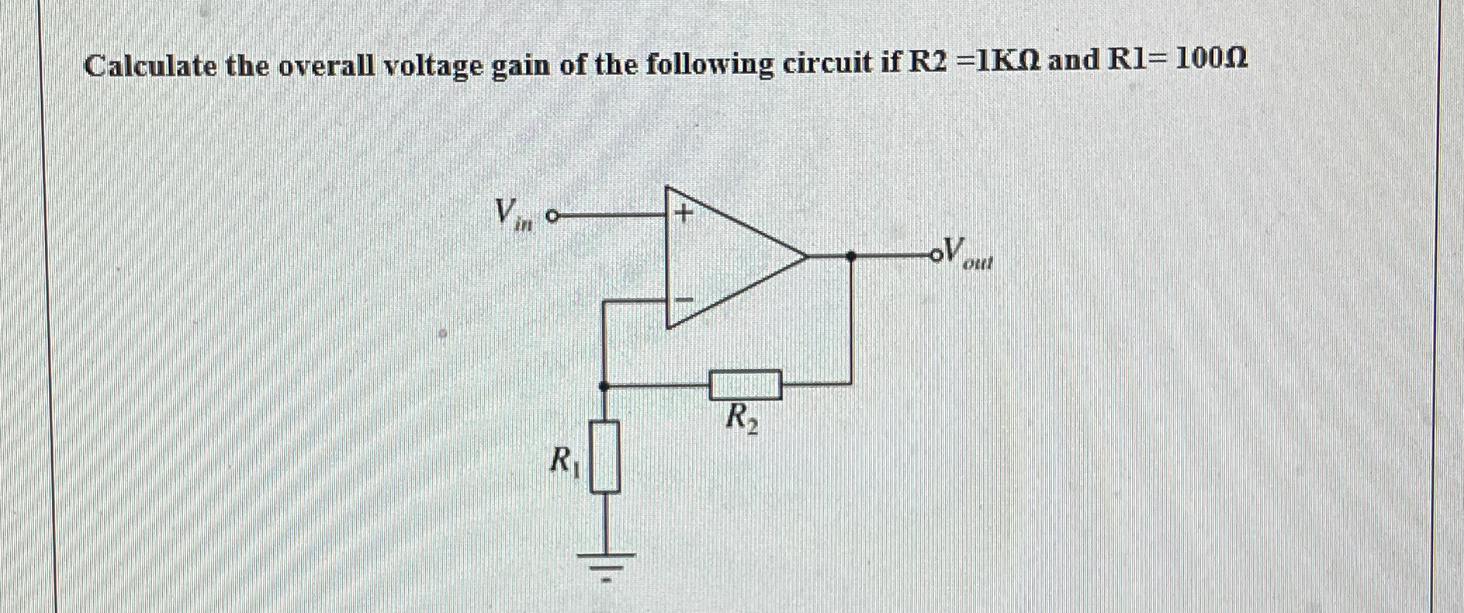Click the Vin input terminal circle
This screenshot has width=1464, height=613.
point(553,215)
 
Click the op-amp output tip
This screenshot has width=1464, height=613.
point(806,257)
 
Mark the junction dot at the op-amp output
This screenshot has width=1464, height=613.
point(851,257)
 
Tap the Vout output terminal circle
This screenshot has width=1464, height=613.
point(936,256)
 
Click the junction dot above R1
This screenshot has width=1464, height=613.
point(603,386)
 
